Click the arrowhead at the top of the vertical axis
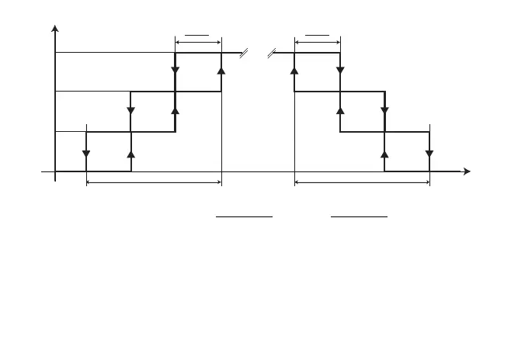pos(54,29)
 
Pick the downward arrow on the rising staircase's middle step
pos(130,112)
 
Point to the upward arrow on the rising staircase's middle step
pos(176,112)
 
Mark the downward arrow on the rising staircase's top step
pos(176,72)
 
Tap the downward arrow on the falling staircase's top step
pos(339,72)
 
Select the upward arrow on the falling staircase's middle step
pos(339,112)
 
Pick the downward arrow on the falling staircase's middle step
pos(384,112)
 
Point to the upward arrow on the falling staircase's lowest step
pos(384,153)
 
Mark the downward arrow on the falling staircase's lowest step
pos(429,153)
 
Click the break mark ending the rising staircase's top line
pos(243,53)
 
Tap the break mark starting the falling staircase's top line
pos(272,53)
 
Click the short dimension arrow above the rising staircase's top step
pos(199,40)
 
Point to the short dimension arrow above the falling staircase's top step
pos(317,40)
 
